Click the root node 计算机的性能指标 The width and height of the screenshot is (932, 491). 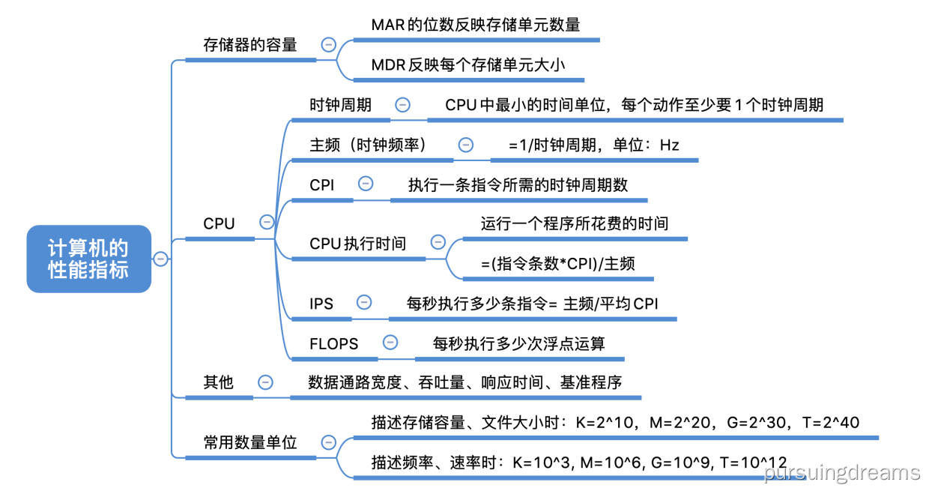pos(88,259)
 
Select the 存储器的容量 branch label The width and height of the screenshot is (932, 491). pos(250,44)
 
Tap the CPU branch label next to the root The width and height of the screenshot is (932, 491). pos(219,223)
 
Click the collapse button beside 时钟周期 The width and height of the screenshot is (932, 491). pos(402,105)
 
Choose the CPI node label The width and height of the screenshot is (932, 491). pos(322,184)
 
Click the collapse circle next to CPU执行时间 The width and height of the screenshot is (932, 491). pos(438,242)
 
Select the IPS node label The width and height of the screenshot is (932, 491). pos(321,304)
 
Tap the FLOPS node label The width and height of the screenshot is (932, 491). pos(334,343)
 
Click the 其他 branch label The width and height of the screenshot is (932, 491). pos(219,382)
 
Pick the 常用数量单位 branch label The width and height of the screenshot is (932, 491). pos(250,442)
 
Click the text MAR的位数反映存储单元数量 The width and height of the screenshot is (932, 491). pos(476,25)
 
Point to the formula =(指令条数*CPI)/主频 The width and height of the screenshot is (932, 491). pos(558,263)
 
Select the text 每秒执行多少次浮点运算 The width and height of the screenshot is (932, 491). pos(519,343)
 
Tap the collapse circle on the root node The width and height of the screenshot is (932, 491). pos(160,259)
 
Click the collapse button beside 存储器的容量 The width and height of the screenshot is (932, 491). pos(327,44)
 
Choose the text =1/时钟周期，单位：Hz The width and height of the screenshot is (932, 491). pos(593,145)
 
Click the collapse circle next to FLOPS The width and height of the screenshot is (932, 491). pos(390,343)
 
